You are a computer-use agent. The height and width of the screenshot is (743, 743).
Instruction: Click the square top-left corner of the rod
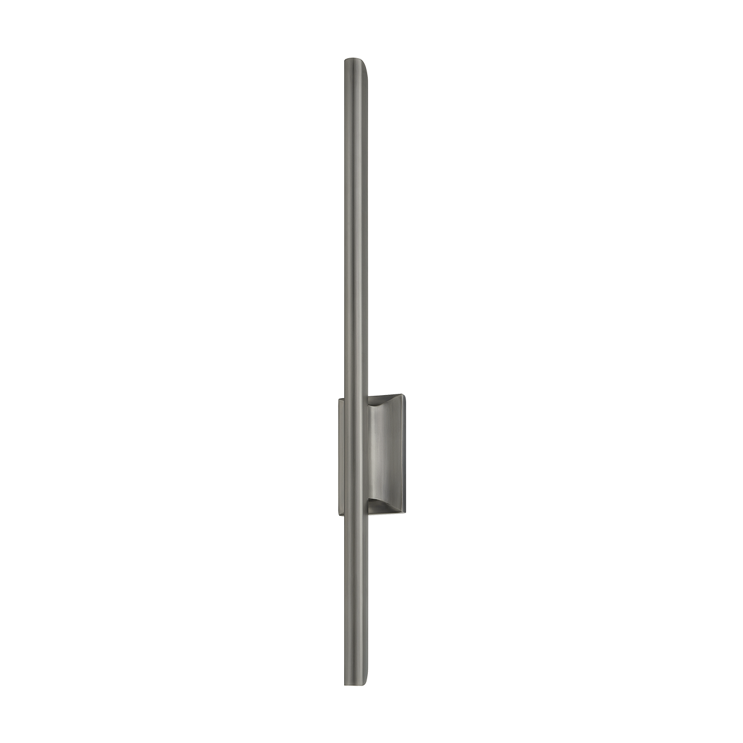click(345, 60)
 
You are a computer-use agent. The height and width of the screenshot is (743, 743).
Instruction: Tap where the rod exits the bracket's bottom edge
click(357, 514)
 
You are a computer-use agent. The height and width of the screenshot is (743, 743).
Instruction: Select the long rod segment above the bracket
click(357, 229)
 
